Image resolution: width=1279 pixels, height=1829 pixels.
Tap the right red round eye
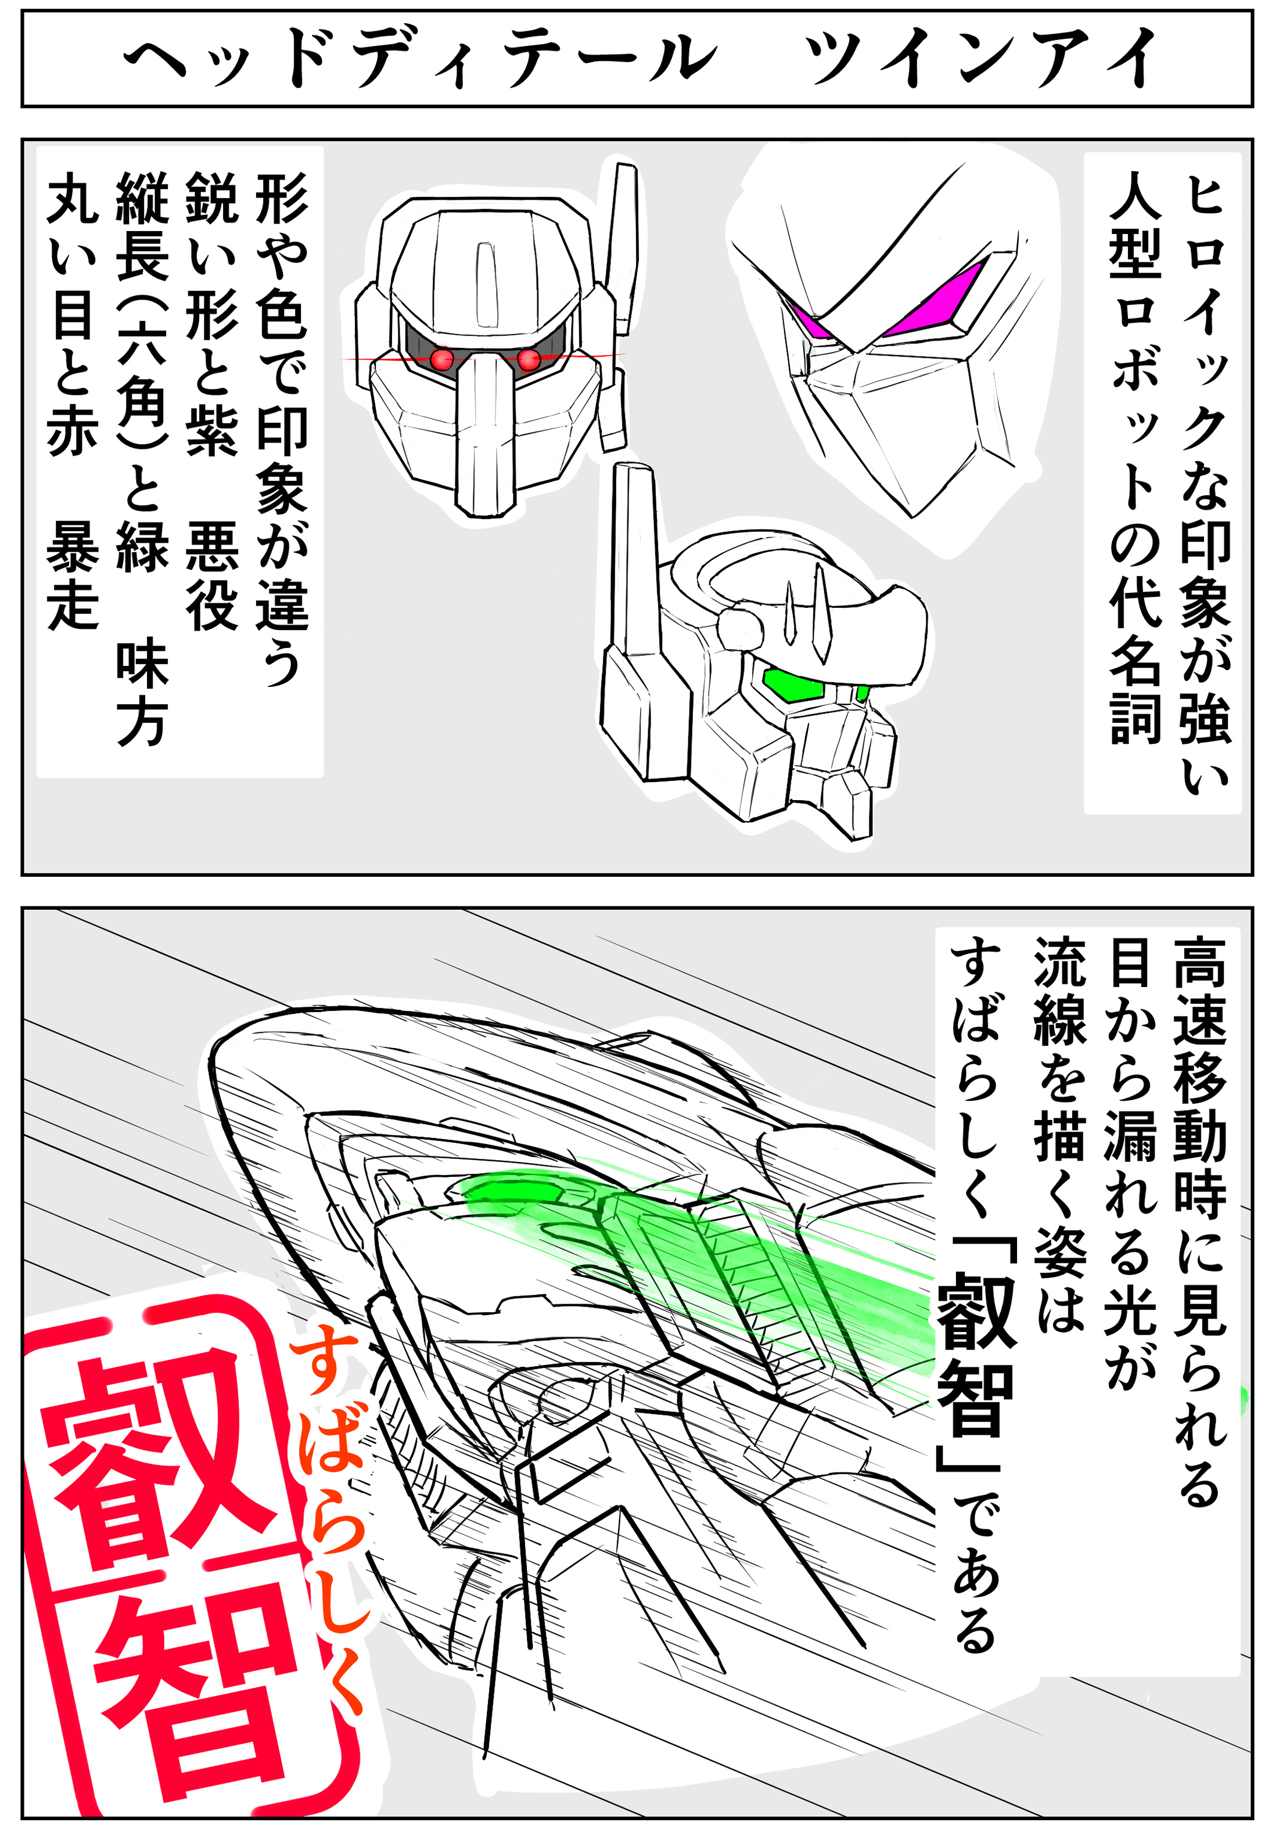[529, 359]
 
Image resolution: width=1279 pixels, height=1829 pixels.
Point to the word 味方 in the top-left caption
[143, 693]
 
